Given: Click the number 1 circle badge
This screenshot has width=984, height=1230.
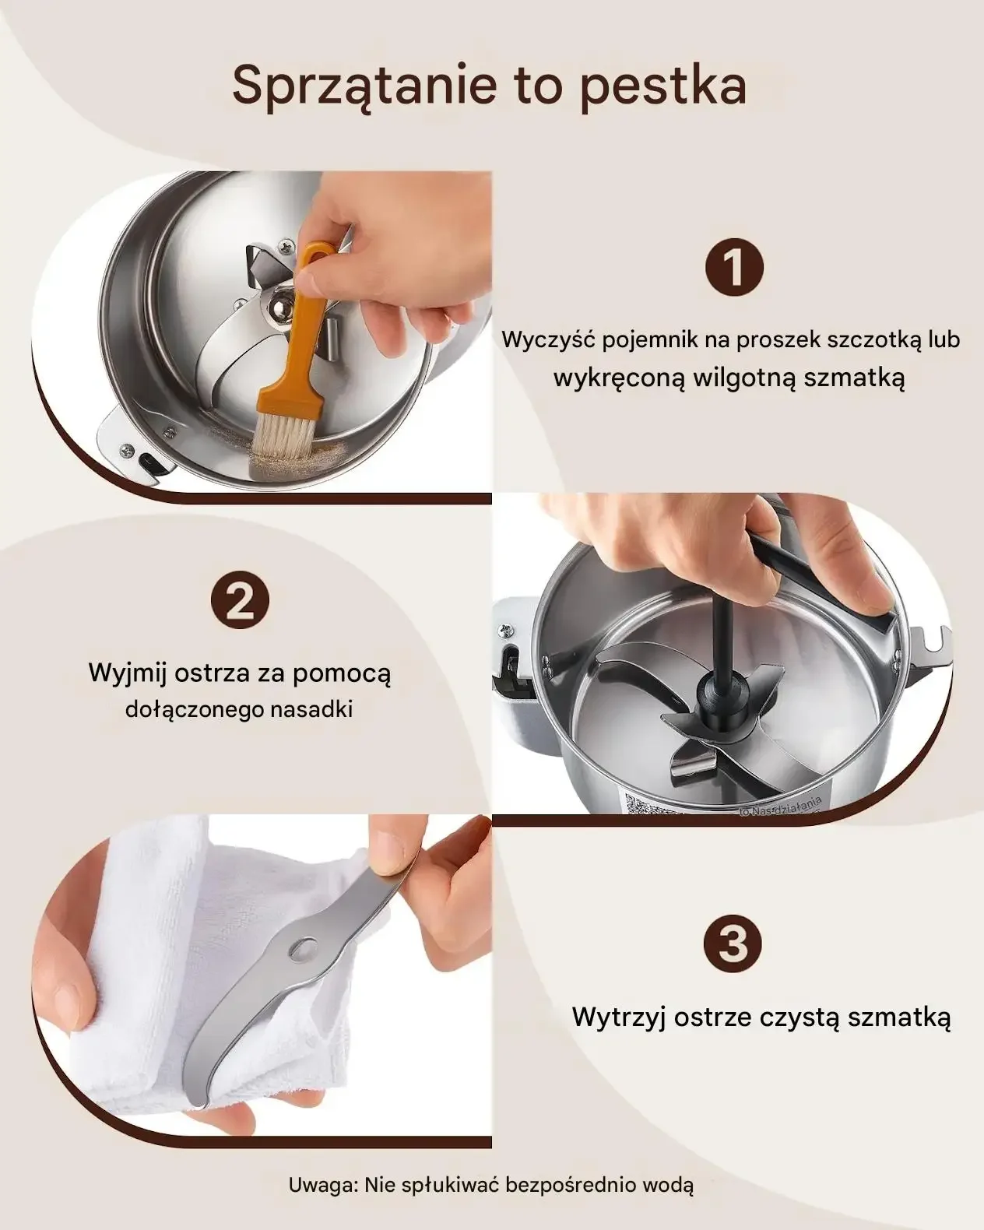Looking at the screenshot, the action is point(734,267).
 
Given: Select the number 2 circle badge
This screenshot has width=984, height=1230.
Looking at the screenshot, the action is point(240,599).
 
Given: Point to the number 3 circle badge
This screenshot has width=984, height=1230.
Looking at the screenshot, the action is point(734,943).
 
